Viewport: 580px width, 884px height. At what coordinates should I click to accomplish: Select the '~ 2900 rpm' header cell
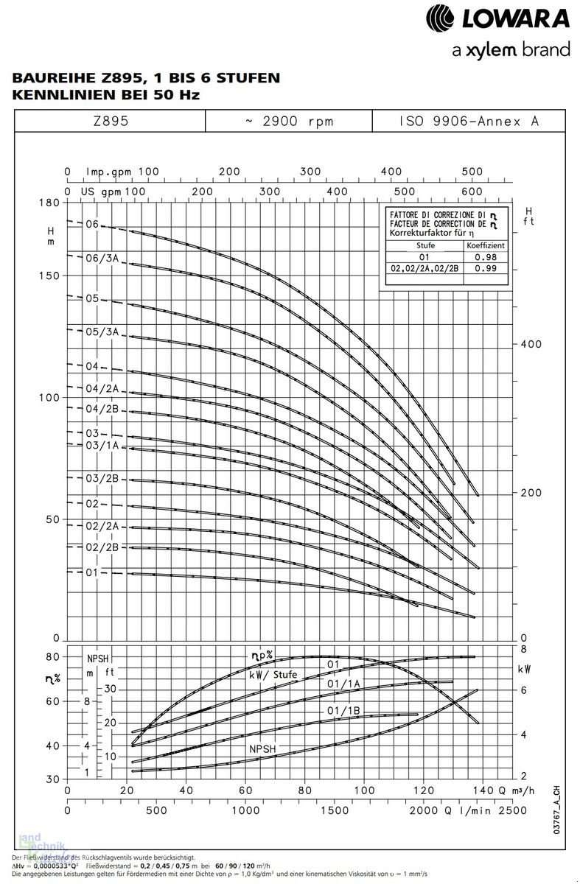289,121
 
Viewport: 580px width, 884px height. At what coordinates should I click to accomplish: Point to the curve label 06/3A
102,258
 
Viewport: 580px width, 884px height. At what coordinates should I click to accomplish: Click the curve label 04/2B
102,409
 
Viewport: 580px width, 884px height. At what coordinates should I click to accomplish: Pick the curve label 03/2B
102,479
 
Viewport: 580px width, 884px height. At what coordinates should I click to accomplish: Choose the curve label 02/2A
102,527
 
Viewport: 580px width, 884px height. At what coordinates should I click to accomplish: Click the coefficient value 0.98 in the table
484,257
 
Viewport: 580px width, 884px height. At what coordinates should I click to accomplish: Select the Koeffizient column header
484,245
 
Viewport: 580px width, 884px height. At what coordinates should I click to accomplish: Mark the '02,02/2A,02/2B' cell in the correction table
423,269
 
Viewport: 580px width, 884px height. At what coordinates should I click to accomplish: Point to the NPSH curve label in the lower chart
263,748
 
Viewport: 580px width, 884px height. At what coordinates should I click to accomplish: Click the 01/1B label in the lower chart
343,710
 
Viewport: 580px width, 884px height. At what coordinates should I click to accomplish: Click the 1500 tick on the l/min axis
335,810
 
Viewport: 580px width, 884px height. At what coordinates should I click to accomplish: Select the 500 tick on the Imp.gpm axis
472,172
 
